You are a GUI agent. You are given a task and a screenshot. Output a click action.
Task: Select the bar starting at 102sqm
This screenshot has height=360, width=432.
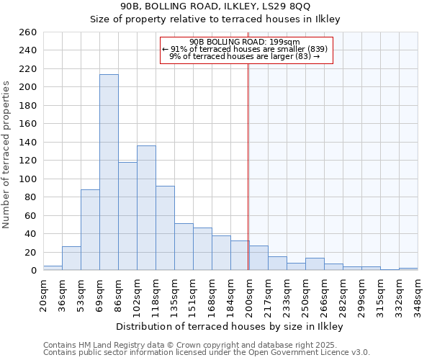[x=146, y=208]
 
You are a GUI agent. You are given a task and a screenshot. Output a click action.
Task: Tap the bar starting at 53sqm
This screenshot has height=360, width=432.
[x=90, y=230]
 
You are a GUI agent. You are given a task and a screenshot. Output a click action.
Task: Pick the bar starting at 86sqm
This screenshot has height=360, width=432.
[x=127, y=216]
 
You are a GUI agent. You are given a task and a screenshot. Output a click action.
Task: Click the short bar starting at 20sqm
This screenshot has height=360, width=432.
[x=53, y=268]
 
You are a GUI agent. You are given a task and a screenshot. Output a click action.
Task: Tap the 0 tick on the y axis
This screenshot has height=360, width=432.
[x=33, y=271]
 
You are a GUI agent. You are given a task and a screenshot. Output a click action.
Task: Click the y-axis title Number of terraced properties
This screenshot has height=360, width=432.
[x=6, y=155]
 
